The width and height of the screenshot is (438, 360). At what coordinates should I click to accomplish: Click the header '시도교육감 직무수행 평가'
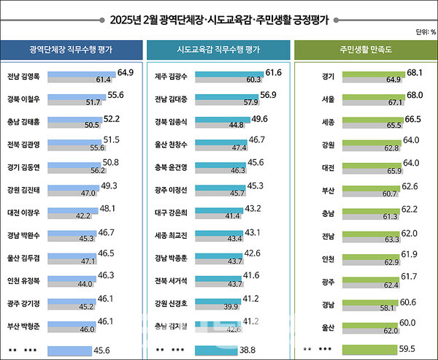tap(218, 50)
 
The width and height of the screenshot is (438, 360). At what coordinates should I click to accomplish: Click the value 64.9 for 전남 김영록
tap(125, 72)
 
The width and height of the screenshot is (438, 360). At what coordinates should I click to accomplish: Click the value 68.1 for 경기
tap(416, 72)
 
